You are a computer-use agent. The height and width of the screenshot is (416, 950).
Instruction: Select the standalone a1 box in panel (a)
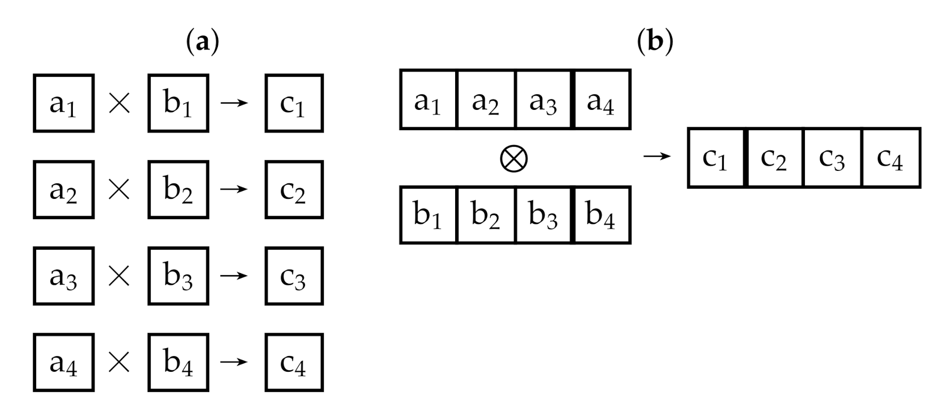click(64, 103)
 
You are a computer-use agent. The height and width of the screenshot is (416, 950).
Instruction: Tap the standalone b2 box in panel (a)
click(178, 190)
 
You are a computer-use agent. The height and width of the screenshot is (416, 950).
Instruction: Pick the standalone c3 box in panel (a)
click(294, 276)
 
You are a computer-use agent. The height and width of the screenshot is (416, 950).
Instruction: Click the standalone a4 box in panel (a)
click(64, 363)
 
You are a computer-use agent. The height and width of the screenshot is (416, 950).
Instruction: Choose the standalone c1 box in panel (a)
click(294, 103)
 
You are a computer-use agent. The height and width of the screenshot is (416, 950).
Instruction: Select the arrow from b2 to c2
click(234, 190)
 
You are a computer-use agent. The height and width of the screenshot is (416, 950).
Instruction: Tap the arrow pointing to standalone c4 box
click(234, 362)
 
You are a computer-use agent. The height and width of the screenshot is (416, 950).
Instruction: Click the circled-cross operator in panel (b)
click(514, 159)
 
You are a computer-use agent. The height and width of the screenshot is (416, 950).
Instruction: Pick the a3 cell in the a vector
click(543, 100)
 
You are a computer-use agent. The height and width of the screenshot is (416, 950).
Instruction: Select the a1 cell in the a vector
click(428, 100)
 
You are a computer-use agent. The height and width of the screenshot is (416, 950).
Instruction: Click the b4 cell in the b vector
click(601, 215)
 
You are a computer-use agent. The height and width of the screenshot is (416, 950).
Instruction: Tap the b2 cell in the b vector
click(486, 215)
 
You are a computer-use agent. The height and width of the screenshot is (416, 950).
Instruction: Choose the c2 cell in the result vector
click(774, 158)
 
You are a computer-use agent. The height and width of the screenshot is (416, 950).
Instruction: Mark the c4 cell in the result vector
click(890, 158)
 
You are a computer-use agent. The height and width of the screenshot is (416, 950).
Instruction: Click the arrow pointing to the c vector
click(657, 156)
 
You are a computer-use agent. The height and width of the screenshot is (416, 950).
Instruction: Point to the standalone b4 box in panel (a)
click(178, 363)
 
